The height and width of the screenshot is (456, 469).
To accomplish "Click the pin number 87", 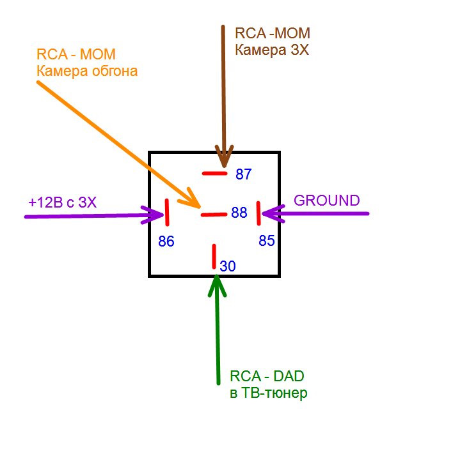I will [x=244, y=174].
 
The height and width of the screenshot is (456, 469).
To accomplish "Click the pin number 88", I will [x=239, y=213].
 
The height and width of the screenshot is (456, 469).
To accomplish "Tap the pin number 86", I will [x=166, y=242].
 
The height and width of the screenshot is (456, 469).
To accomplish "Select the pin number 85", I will [x=267, y=241].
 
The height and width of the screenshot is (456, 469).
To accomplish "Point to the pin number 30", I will [x=228, y=266].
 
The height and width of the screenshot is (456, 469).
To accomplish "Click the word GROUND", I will [x=326, y=201].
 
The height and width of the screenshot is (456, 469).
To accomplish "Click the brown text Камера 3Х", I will [x=272, y=49].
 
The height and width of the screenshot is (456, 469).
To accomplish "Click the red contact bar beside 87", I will [x=214, y=173].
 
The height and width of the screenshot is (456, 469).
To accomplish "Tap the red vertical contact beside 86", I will [x=167, y=212].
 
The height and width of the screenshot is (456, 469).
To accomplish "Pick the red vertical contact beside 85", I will [x=258, y=213].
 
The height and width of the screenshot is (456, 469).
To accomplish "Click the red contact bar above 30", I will [x=214, y=255].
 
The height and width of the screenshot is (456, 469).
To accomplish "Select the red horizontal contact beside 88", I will [x=214, y=215].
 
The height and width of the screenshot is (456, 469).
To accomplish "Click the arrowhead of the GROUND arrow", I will [x=269, y=213].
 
